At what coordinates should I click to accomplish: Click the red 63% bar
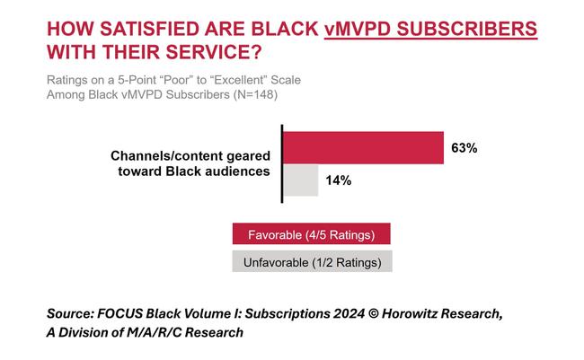click(364, 147)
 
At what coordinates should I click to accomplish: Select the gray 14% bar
click(301, 180)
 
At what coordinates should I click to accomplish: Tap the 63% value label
click(464, 148)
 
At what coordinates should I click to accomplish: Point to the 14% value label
click(338, 180)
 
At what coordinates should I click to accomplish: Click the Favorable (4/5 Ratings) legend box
click(312, 235)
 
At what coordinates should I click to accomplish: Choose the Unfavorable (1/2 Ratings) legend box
click(312, 263)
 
